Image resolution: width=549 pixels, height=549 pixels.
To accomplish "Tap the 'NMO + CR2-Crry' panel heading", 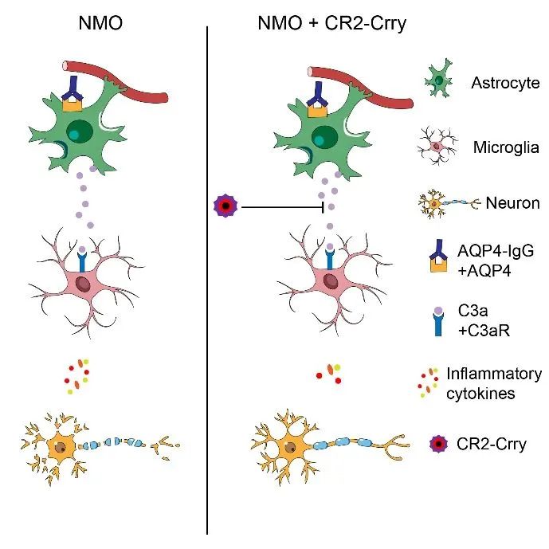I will pyautogui.click(x=332, y=23).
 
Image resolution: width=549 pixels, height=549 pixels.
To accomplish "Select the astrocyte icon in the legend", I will pyautogui.click(x=437, y=82).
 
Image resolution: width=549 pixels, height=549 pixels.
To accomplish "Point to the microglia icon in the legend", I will pyautogui.click(x=437, y=147).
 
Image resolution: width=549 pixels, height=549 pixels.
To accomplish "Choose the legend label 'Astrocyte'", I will pyautogui.click(x=505, y=84).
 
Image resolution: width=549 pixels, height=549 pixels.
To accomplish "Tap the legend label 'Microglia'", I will pyautogui.click(x=505, y=147).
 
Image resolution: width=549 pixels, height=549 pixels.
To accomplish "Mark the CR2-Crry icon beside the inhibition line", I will pyautogui.click(x=225, y=207).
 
